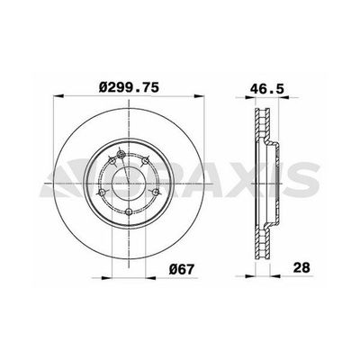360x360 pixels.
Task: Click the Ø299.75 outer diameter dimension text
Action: [x=129, y=87]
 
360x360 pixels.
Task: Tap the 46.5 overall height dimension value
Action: [x=267, y=89]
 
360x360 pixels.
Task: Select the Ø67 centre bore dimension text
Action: [x=182, y=269]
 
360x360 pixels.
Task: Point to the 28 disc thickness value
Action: [x=301, y=267]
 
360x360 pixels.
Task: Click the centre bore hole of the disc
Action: [x=129, y=184]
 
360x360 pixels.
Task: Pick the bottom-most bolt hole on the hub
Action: [x=129, y=212]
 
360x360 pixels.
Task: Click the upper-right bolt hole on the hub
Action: [x=145, y=161]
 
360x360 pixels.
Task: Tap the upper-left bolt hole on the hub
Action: [x=112, y=161]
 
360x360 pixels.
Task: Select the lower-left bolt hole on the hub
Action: [x=102, y=193]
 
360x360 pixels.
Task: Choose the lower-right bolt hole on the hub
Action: [x=156, y=193]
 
